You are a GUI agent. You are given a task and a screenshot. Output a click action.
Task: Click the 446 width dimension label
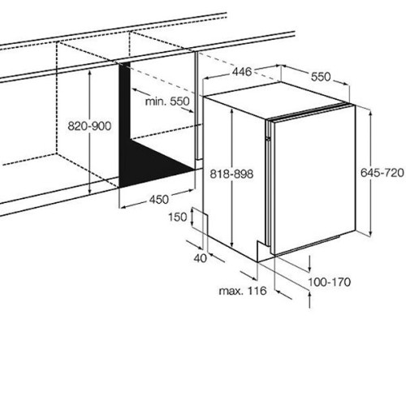pos(242,71)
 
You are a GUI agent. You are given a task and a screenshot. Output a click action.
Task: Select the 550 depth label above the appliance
pos(321,77)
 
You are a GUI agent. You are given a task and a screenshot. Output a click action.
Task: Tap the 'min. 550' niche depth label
pos(167,101)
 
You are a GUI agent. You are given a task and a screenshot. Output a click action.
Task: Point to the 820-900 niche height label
pos(89,126)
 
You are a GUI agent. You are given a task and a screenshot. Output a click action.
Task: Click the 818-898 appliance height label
pos(231,174)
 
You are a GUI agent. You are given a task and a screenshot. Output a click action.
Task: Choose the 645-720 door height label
pos(382,173)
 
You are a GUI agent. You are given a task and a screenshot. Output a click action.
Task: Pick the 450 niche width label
pos(159,200)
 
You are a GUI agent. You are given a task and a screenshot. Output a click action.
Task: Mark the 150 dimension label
pos(178,217)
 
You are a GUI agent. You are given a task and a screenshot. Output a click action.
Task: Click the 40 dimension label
pos(201,258)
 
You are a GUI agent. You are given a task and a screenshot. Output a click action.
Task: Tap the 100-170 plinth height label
pos(330,283)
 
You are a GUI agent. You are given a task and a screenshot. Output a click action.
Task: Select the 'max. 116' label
pos(243,291)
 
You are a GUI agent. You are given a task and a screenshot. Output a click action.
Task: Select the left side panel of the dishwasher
pos(234,176)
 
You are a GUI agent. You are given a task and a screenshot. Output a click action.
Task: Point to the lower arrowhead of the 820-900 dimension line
pos(89,191)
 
